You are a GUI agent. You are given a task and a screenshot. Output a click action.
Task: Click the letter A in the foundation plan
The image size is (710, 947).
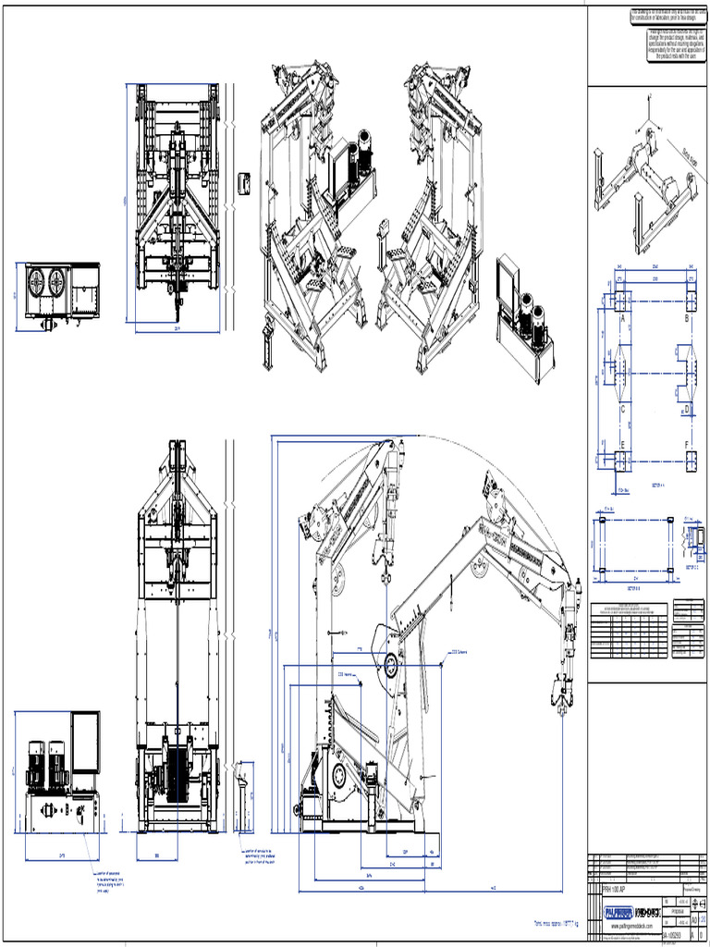[623, 318]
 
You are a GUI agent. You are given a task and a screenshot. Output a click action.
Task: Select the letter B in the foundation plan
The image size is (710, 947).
[687, 318]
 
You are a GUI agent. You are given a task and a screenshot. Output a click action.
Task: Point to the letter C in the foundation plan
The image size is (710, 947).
[623, 408]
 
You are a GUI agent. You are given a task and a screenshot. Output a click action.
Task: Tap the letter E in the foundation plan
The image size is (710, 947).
[623, 444]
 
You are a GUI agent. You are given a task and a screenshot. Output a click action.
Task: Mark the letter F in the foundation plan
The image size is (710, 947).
[687, 444]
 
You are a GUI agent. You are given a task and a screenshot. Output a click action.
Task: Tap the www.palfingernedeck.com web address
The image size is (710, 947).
[630, 926]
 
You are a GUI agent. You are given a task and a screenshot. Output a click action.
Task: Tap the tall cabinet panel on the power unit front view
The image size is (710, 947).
[85, 742]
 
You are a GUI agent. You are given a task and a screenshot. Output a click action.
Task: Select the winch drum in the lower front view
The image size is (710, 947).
[177, 771]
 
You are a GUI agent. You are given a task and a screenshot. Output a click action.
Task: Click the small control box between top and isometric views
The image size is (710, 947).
[245, 182]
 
